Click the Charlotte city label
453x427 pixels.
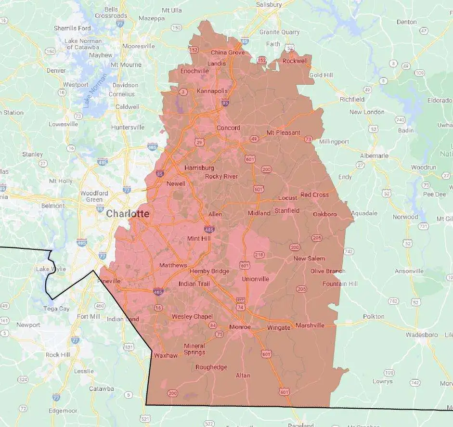pos(128,213)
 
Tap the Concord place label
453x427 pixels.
pos(228,128)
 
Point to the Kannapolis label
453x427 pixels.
pos(212,91)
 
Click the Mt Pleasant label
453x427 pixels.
pos(284,132)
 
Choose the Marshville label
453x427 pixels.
pos(310,325)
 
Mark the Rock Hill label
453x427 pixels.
pos(59,355)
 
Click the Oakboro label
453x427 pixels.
pos(325,214)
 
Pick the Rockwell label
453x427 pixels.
pos(295,61)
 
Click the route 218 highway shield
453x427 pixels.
pos(259,254)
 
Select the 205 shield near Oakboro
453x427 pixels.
pos(317,238)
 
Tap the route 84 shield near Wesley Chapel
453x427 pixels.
pos(213,325)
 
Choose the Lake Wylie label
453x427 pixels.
pos(51,269)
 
